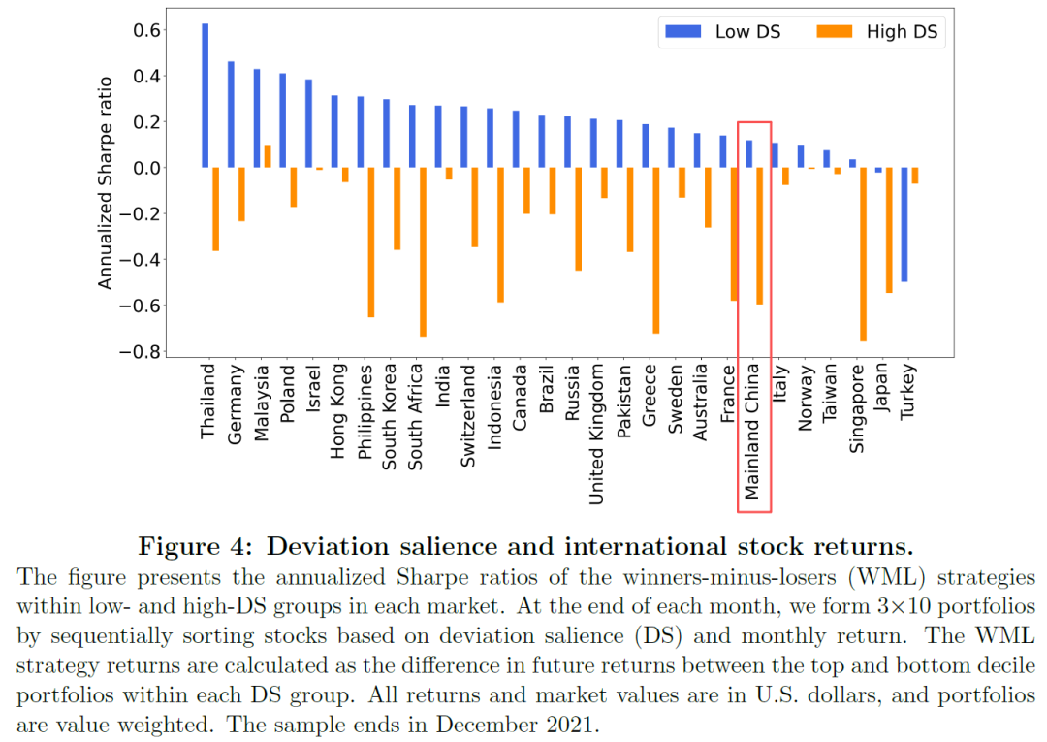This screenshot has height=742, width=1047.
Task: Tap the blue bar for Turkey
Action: (904, 224)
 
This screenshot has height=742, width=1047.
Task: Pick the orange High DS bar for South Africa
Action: (423, 252)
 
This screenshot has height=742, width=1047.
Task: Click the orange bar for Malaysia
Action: (268, 156)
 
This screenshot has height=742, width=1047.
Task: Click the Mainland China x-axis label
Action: (753, 432)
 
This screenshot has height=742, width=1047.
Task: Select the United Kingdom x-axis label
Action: (597, 434)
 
